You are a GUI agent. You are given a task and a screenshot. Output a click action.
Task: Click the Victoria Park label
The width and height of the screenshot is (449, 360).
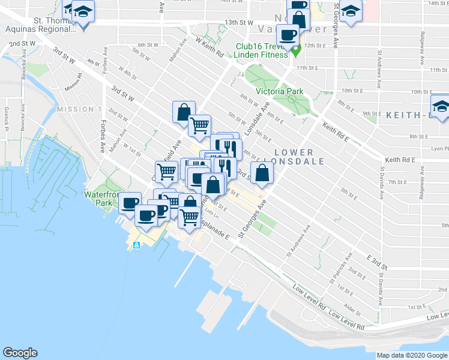tap(279, 91)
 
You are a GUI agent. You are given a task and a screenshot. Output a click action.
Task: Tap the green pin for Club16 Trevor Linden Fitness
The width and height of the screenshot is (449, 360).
tap(295, 50)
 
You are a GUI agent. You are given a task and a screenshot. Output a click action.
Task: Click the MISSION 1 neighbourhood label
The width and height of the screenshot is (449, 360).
tap(79, 109)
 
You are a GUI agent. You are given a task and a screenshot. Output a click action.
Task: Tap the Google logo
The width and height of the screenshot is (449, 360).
tap(20, 352)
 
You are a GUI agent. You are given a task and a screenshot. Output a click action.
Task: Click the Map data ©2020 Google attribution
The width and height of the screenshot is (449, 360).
tap(412, 355)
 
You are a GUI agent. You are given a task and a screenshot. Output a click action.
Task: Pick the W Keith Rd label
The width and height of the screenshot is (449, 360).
tap(209, 47)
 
